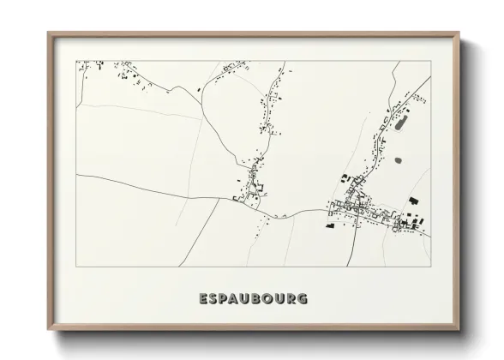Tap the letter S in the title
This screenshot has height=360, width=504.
tap(214, 299)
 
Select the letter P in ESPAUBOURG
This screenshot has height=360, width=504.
tap(226, 299)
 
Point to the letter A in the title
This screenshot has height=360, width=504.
tap(239, 299)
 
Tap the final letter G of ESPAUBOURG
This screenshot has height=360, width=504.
tap(303, 299)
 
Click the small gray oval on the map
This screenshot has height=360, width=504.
tap(397, 159)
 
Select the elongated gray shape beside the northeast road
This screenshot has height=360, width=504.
tap(400, 124)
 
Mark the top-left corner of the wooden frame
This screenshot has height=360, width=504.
tap(48, 33)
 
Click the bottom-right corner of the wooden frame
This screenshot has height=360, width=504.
tap(459, 329)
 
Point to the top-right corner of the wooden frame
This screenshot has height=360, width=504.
tap(459, 33)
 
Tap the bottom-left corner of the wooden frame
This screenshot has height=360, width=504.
tap(48, 329)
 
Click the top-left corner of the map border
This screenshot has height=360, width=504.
tap(76, 61)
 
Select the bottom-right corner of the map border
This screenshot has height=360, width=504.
tap(429, 267)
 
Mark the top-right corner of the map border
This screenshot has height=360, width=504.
tap(429, 61)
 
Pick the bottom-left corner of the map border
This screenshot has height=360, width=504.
tap(76, 267)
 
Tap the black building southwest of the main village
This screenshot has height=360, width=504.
tap(329, 226)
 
